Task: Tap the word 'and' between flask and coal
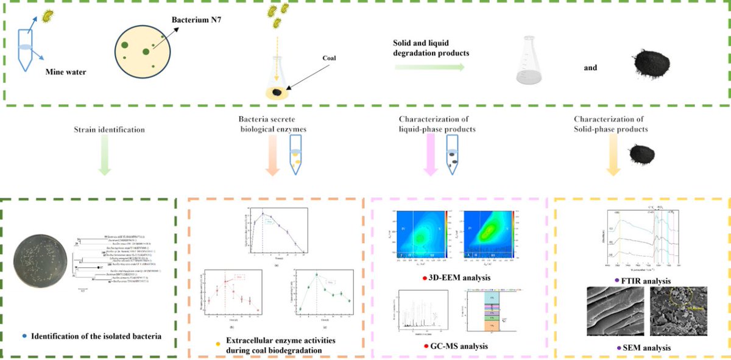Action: pos(590,68)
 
